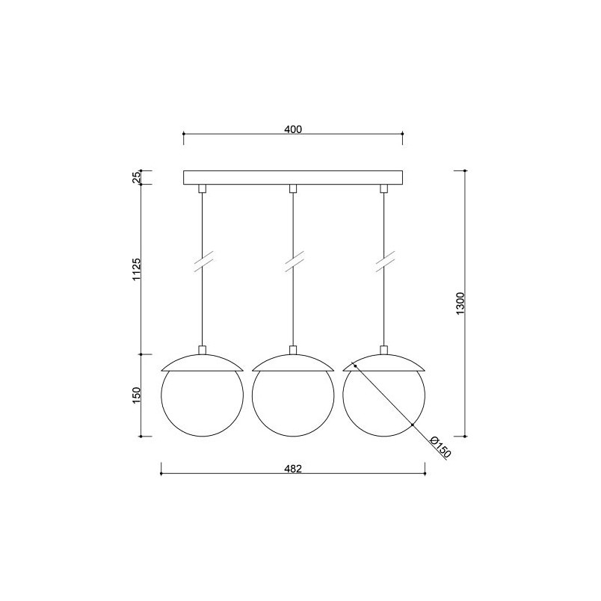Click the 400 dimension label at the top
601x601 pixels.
click(293, 129)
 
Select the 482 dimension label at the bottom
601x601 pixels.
click(293, 469)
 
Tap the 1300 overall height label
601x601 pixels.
click(460, 303)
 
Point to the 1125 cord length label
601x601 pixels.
click(137, 269)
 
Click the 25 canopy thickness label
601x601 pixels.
click(137, 177)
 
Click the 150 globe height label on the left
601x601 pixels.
click(137, 395)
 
